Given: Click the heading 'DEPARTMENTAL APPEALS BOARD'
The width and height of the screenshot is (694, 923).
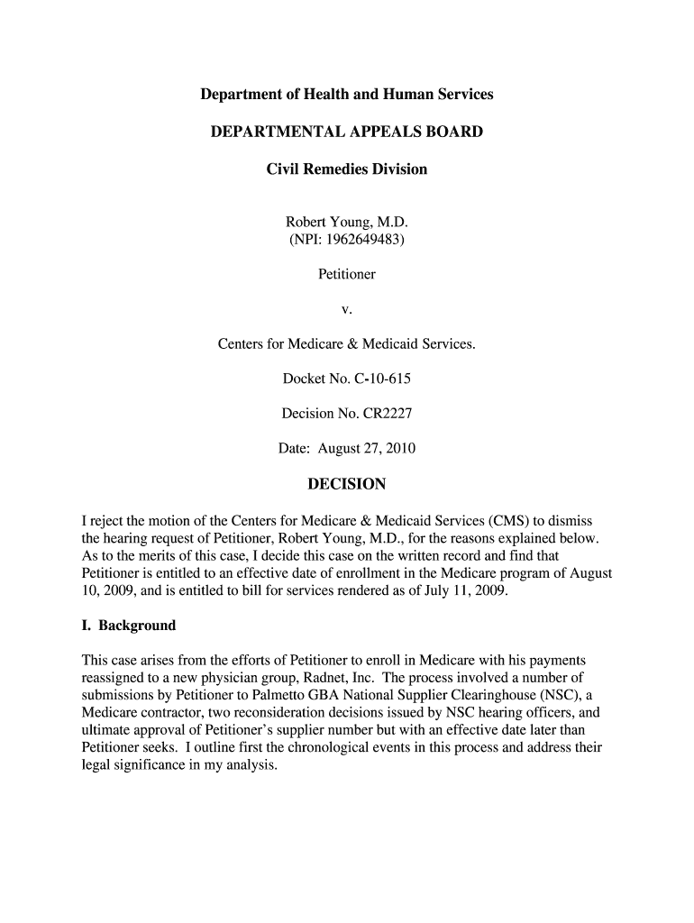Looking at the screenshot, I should click(x=346, y=133).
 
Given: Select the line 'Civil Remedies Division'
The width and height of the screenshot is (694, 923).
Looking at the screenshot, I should click(x=346, y=169).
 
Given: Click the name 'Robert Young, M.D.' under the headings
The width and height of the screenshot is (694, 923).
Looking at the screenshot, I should click(x=346, y=222).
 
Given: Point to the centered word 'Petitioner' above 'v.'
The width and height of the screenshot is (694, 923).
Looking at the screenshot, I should click(x=346, y=273).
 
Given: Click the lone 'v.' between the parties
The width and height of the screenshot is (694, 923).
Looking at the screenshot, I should click(x=346, y=309).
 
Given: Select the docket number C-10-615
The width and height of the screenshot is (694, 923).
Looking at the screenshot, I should click(x=381, y=379).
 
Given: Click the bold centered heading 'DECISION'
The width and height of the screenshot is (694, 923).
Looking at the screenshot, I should click(x=346, y=485).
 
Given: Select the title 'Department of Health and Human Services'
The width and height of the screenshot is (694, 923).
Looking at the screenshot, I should click(x=346, y=95).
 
